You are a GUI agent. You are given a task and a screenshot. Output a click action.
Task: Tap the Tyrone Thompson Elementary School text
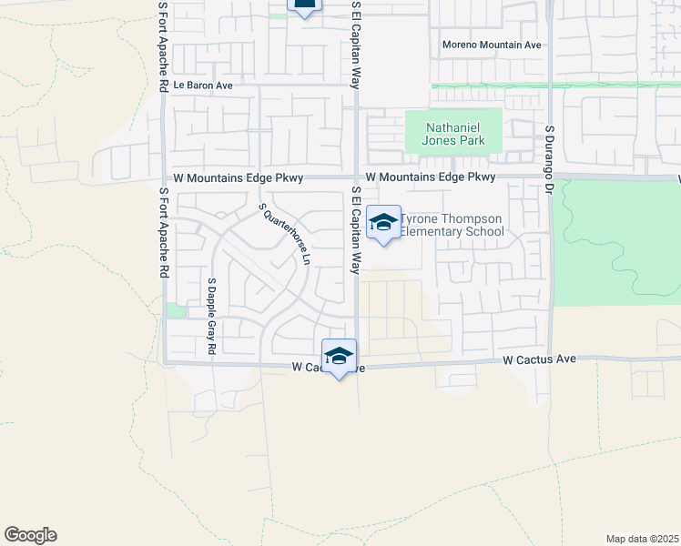coord(452,226)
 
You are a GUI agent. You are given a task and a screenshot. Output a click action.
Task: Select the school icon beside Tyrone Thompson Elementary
coord(383,222)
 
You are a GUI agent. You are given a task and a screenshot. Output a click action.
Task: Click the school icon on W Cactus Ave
coord(339,356)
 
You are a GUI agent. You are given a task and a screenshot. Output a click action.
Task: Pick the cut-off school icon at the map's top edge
coord(304,5)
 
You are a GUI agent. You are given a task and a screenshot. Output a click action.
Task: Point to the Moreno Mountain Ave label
coord(492,45)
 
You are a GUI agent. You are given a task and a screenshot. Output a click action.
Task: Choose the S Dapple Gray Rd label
coord(211,316)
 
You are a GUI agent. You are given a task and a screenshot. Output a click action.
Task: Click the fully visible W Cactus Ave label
coord(541,360)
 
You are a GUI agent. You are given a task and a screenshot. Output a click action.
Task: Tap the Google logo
coord(30,535)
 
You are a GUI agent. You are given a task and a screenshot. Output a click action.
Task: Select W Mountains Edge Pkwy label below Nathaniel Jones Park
coord(432,177)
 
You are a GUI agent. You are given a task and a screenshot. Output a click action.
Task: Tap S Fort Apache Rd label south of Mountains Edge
coord(164,233)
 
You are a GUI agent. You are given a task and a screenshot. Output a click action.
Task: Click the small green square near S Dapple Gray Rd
coord(176,310)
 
